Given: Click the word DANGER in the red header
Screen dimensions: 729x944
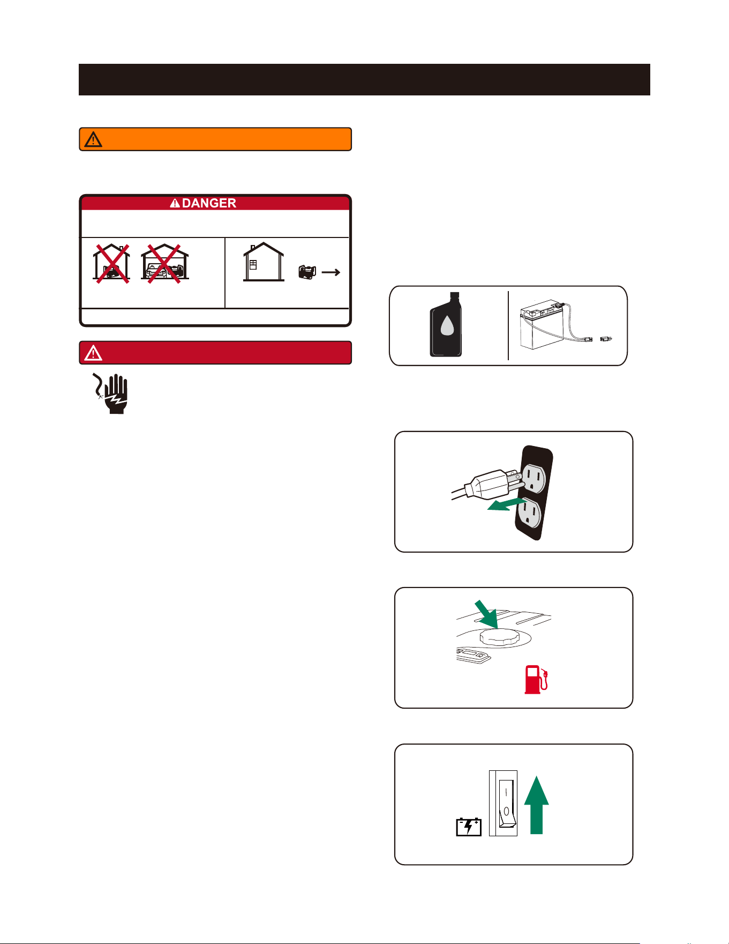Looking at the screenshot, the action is point(209,203).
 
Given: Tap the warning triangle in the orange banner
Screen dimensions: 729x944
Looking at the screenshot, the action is point(93,139).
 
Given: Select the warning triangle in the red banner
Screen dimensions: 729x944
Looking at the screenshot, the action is point(93,353).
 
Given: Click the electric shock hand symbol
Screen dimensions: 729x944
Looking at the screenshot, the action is point(110,393).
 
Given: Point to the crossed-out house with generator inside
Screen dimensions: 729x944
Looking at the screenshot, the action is point(111,263).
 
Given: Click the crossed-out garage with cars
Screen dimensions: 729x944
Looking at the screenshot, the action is point(165,263).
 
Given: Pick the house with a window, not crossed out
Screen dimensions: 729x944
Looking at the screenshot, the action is point(264,262).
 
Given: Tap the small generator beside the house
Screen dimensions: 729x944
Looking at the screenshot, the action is point(307,272).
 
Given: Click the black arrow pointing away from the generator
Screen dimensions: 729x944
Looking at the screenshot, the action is point(331,272).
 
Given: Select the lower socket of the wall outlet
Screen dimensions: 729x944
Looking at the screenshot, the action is point(529,512).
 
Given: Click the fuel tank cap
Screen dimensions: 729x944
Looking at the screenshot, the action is point(500,636).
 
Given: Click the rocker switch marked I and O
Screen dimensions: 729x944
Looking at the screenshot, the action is point(506,803).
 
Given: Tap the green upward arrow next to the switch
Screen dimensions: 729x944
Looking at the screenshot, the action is point(536,805).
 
